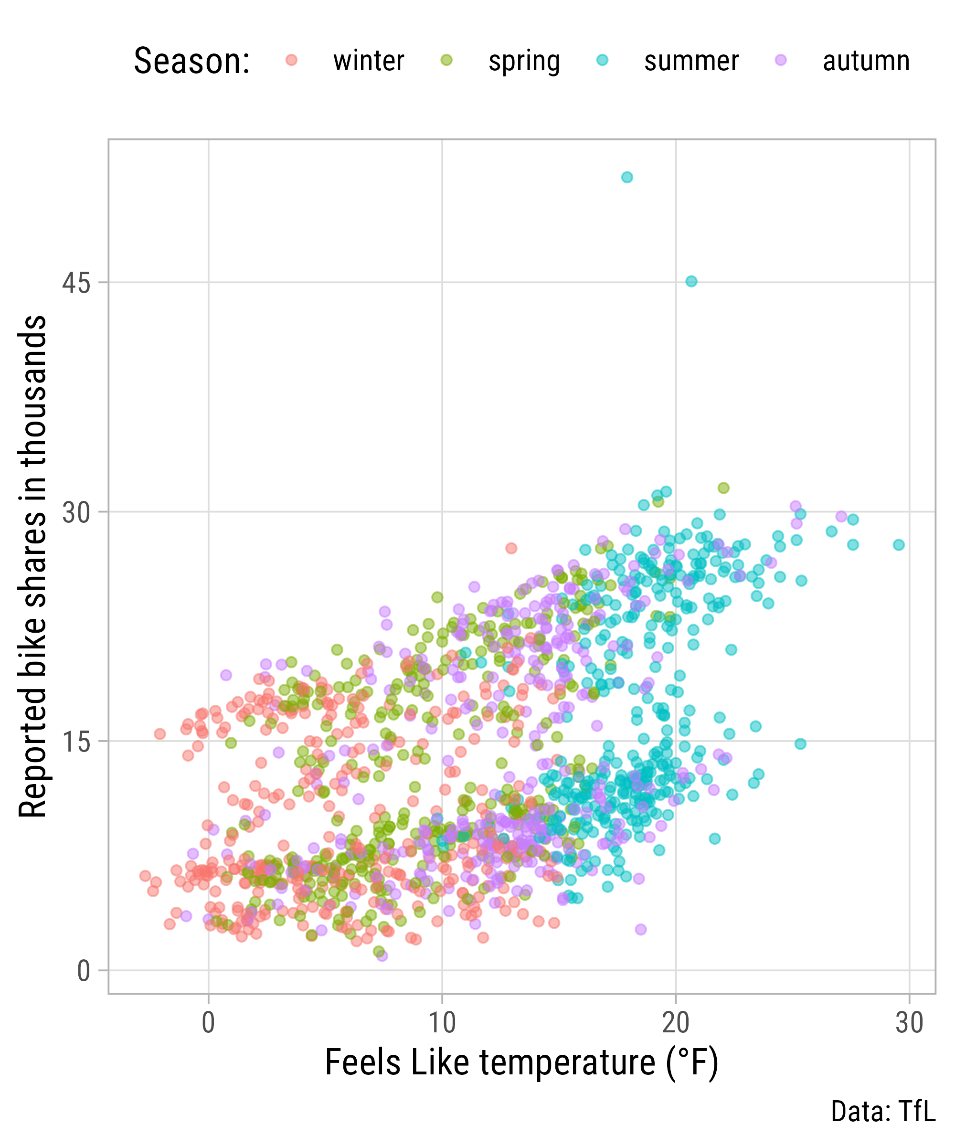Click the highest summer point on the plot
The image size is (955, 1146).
click(x=627, y=177)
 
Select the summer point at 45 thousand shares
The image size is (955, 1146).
click(x=691, y=281)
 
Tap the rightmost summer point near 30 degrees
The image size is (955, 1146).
click(x=898, y=545)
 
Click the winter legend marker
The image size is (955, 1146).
click(x=292, y=60)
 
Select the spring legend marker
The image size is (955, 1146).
click(x=446, y=60)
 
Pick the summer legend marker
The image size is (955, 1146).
click(x=602, y=60)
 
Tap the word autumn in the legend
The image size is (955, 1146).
click(x=866, y=61)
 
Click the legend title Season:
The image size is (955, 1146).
click(x=191, y=61)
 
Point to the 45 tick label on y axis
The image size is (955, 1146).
click(x=76, y=283)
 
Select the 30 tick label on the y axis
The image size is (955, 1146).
click(x=76, y=512)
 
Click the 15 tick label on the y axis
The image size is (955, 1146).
click(x=76, y=742)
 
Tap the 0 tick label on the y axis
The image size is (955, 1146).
click(x=84, y=971)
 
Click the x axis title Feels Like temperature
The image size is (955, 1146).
click(x=521, y=1063)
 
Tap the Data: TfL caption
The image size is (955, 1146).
click(x=883, y=1112)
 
